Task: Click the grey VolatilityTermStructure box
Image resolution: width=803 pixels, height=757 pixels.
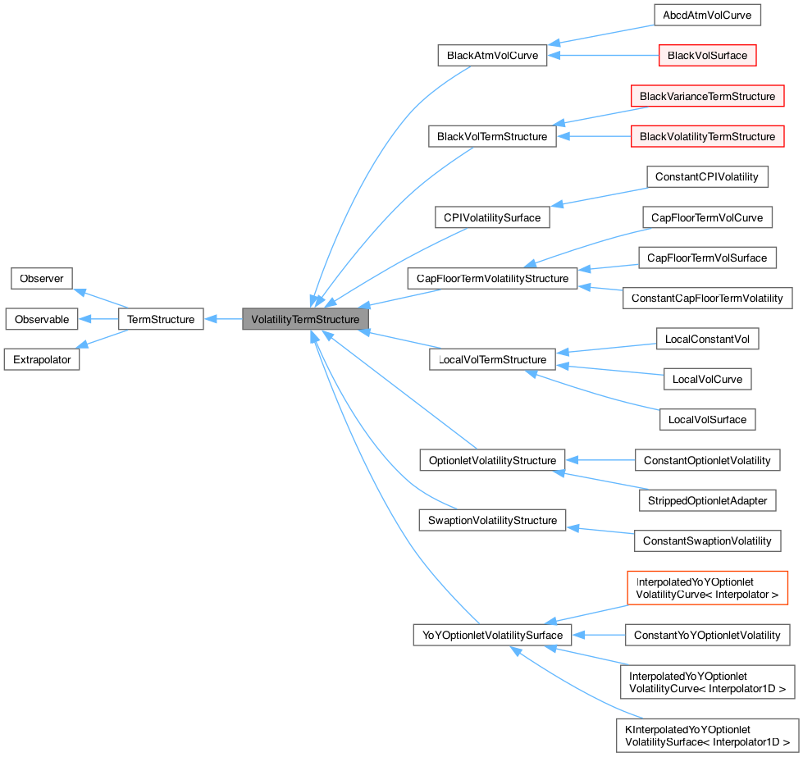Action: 305,319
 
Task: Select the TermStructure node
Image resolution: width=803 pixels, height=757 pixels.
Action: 161,319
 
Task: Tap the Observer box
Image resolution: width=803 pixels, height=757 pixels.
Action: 42,278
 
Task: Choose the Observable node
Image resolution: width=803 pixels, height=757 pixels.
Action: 42,319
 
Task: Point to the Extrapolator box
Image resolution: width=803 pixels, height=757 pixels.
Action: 42,359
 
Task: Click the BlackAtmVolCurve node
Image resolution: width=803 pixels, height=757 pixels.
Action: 492,56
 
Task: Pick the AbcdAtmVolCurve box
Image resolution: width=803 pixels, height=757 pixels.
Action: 707,15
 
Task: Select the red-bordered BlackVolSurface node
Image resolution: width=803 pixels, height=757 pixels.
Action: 707,56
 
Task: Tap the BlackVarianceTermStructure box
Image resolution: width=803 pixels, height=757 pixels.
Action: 707,96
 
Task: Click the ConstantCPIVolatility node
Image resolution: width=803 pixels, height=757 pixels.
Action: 707,177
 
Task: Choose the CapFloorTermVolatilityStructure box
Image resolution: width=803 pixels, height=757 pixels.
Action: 492,279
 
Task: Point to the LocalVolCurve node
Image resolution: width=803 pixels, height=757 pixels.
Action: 707,379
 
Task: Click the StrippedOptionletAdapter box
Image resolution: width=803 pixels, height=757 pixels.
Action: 707,500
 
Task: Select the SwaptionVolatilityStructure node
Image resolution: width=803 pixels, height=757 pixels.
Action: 492,521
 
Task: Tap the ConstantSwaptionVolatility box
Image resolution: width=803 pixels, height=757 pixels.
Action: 707,540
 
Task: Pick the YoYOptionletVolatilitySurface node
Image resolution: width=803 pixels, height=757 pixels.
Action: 492,635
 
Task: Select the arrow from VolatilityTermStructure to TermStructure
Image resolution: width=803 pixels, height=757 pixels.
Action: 223,319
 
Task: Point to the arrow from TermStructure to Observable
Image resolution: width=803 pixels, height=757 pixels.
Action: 99,319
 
